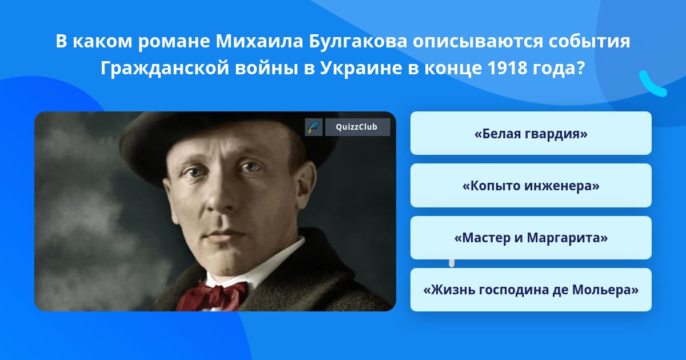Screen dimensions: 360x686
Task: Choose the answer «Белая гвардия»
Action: [x=531, y=133]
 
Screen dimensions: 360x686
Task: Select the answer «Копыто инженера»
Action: [x=531, y=186]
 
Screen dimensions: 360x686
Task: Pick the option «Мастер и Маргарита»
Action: [x=531, y=238]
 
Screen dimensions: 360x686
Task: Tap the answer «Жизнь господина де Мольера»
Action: [x=531, y=290]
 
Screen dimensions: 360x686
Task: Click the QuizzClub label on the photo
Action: [x=357, y=127]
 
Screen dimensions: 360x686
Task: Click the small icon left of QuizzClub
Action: [x=314, y=127]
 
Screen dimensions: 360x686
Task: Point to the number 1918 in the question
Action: [x=510, y=69]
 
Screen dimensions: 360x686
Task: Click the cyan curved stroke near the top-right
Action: [x=652, y=84]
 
